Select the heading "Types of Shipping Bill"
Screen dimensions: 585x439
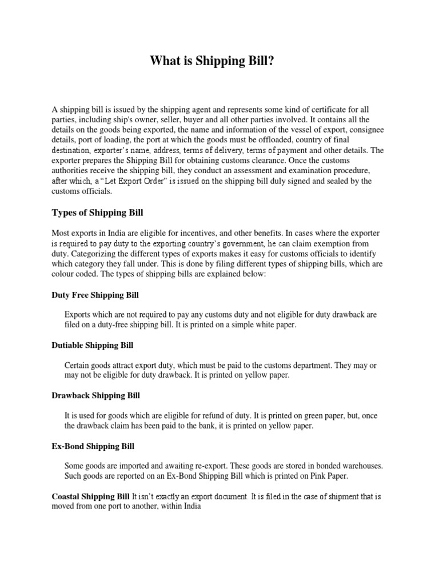pos(97,213)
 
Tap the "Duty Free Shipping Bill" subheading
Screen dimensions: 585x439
pos(95,295)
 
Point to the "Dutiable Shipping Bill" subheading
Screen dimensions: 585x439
pos(92,346)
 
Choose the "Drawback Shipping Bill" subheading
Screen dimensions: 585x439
pos(95,395)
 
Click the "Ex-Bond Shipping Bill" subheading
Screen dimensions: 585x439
pos(93,445)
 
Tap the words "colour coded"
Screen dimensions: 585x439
pos(75,275)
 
